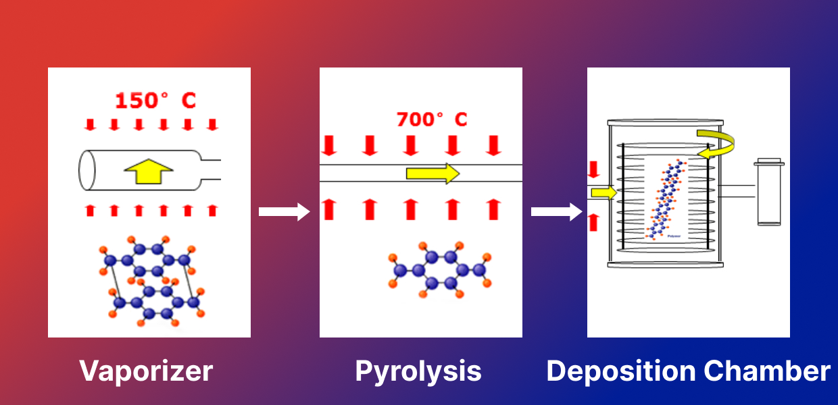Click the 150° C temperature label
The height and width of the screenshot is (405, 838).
(155, 101)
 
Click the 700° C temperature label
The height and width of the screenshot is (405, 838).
(431, 119)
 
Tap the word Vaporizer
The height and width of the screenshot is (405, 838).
(146, 371)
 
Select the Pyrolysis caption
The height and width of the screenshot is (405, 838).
(418, 371)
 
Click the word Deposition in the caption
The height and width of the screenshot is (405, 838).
(620, 371)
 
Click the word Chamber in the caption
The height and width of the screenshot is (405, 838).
(767, 371)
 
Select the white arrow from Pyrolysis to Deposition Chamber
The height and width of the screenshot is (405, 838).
(556, 212)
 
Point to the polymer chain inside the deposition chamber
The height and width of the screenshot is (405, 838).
(668, 198)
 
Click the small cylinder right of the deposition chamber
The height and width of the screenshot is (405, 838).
(770, 192)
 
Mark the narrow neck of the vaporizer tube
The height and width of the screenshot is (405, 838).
(210, 170)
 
